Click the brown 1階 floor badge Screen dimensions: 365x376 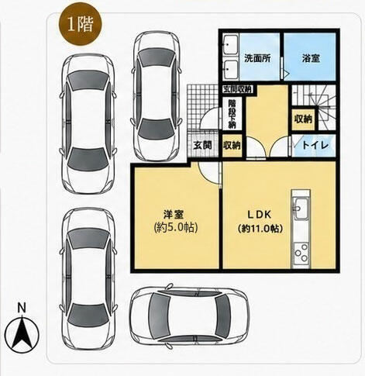(80, 24)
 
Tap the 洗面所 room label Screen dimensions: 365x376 (257, 58)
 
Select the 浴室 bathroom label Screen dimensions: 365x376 (311, 58)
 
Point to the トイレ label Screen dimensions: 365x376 (315, 145)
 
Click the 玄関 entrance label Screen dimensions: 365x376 (203, 145)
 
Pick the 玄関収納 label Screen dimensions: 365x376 (237, 89)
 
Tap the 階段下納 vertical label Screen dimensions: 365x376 (232, 114)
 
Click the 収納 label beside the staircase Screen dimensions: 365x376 (304, 119)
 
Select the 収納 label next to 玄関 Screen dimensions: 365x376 (232, 145)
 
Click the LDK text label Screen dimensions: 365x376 (260, 214)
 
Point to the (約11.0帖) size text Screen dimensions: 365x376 (260, 229)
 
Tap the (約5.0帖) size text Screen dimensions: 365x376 (176, 228)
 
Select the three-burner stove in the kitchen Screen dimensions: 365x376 (301, 252)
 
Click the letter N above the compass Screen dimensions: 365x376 (22, 308)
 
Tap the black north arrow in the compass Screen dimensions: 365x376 (22, 333)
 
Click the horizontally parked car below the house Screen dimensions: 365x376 (190, 316)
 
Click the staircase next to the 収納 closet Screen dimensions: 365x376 (315, 106)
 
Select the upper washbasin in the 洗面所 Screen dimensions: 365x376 (230, 45)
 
